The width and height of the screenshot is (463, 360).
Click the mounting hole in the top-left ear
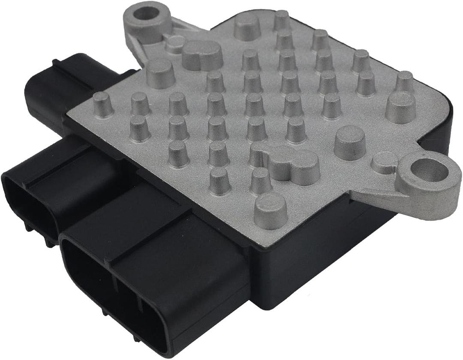146,13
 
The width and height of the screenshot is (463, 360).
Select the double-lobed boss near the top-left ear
202,55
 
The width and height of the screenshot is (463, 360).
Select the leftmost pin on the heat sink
103,104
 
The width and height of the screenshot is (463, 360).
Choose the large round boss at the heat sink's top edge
247,26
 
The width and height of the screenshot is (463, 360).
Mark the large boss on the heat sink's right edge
400,107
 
